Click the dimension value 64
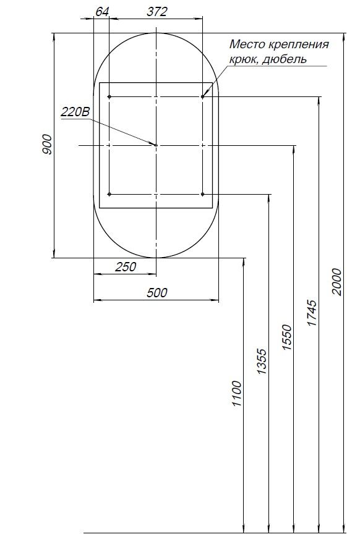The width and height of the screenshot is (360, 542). (103, 12)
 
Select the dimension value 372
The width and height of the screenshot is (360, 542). (156, 12)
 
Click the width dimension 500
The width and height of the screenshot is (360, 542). (156, 294)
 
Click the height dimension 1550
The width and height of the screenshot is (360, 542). (286, 337)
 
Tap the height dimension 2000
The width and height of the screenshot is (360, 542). (336, 282)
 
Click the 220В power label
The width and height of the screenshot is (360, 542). (75, 112)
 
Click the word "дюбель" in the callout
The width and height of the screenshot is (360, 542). (286, 59)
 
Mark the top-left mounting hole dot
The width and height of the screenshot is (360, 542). (109, 97)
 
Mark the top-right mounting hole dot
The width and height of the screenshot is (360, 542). (202, 97)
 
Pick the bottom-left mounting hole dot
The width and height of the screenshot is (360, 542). (109, 194)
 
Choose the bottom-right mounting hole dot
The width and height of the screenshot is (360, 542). (202, 194)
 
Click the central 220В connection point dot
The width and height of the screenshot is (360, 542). (156, 145)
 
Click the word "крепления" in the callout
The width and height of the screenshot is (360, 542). (298, 44)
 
